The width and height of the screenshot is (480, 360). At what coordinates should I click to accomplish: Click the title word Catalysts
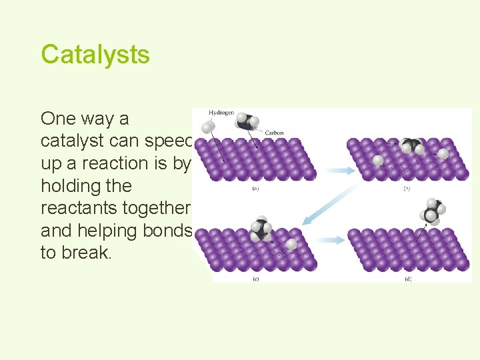click(x=95, y=54)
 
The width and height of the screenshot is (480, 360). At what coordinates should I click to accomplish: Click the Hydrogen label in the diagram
click(x=221, y=113)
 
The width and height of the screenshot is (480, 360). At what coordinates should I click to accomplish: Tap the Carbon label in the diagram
click(x=274, y=133)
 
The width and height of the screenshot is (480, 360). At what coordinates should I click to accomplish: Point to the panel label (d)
click(x=407, y=279)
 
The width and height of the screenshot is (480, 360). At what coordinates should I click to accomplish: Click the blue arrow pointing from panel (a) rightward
click(x=333, y=171)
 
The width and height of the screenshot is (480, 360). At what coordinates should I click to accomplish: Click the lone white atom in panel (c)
click(x=292, y=243)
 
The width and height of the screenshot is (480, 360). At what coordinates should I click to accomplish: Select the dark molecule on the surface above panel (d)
click(x=411, y=147)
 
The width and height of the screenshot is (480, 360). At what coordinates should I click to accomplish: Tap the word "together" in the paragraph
click(x=163, y=208)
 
